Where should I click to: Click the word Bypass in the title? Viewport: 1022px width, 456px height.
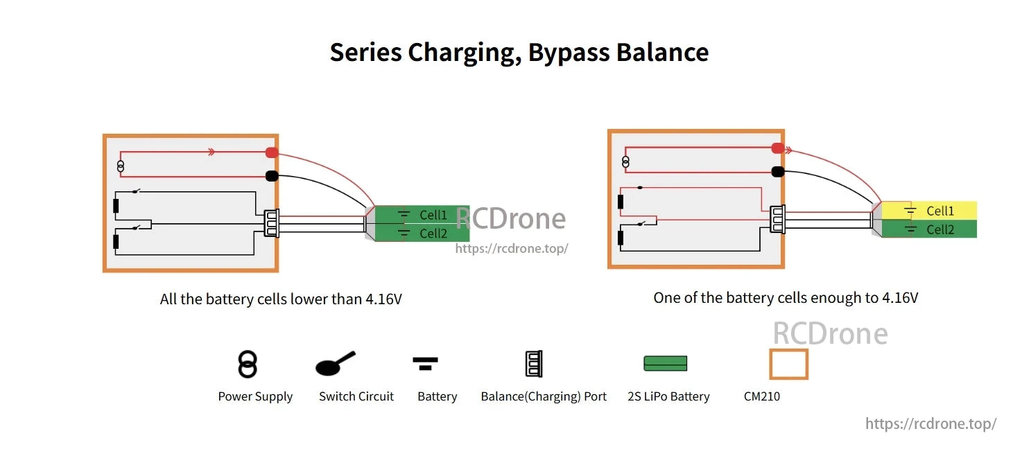[568, 53]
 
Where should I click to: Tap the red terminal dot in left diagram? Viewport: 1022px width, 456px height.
[272, 152]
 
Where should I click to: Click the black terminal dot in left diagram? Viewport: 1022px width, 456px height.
[272, 176]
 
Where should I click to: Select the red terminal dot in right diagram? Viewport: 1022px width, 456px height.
[778, 148]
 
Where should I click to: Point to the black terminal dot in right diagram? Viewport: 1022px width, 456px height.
[778, 171]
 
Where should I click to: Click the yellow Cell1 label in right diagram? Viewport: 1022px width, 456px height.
[940, 211]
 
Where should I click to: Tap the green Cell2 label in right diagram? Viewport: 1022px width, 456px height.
[940, 229]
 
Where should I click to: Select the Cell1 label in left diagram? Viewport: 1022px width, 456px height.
[433, 215]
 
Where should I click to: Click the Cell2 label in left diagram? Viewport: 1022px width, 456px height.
[433, 234]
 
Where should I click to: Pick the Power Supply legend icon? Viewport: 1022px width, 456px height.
[248, 364]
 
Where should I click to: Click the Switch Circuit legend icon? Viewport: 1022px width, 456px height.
[334, 364]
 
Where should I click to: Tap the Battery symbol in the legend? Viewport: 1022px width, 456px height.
[425, 362]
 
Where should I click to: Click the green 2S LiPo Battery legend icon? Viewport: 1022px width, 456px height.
[665, 363]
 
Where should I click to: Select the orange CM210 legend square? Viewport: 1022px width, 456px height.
[788, 364]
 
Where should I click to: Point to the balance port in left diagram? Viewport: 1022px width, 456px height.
[271, 222]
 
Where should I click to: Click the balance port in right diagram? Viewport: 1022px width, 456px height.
[777, 218]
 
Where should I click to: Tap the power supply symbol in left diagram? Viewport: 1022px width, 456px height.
[121, 166]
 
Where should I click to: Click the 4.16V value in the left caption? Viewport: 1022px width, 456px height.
[383, 299]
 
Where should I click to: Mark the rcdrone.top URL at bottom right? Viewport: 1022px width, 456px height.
[930, 423]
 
